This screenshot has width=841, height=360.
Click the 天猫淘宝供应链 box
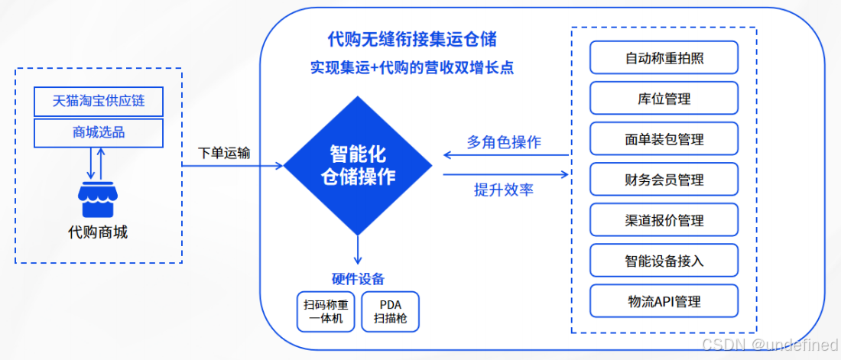point(99,101)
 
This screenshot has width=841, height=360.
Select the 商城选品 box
point(99,133)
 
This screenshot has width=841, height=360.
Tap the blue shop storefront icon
point(98,200)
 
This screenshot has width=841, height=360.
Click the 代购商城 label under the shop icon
point(98,232)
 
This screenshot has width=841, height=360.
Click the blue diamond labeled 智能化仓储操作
point(357,164)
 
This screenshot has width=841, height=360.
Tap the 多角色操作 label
point(504,142)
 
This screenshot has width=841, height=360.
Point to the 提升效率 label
point(504,190)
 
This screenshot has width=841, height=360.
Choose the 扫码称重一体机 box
point(326,312)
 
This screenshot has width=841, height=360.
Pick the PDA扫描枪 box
point(390,312)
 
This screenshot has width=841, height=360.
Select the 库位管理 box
point(664,99)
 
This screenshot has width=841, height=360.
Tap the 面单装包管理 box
point(664,139)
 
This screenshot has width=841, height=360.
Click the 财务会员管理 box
point(664,180)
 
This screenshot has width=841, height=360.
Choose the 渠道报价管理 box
point(664,220)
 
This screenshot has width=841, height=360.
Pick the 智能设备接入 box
point(664,261)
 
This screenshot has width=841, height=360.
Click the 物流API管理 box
point(664,301)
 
